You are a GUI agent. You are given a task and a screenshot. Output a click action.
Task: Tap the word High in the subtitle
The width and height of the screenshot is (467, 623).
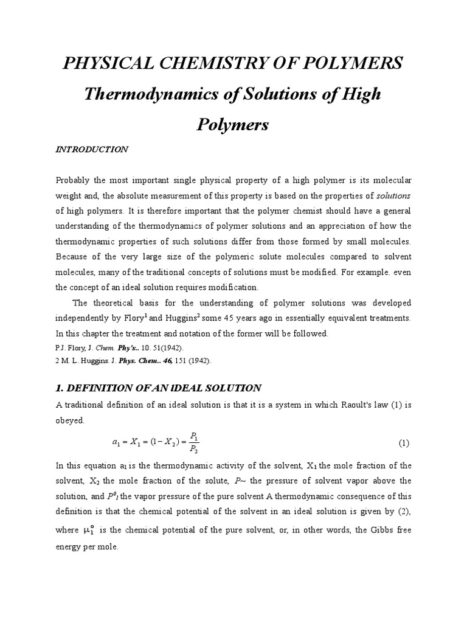360,94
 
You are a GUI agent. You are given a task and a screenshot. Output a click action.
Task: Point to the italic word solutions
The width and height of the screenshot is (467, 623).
394,195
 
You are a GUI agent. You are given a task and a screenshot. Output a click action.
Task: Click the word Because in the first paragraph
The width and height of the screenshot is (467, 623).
75,257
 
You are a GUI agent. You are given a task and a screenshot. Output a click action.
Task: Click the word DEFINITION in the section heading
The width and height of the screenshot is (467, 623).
101,388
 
